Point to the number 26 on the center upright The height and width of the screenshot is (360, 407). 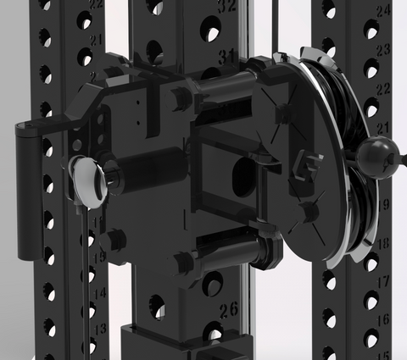click(x=228, y=308)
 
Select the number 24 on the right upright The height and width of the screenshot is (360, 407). click(x=383, y=12)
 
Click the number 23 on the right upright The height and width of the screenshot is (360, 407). click(x=383, y=51)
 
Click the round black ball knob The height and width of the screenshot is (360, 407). click(x=377, y=156)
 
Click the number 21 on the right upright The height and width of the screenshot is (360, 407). click(x=383, y=127)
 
